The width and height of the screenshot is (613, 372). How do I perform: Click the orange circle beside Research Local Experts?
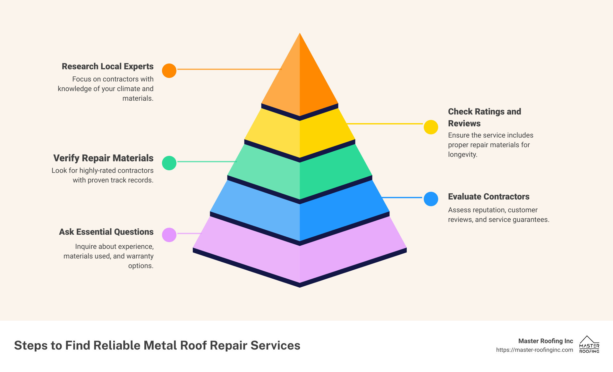coord(169,71)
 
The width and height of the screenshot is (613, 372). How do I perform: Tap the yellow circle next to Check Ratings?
coord(431,127)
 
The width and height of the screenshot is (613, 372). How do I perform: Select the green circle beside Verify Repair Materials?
coord(169,163)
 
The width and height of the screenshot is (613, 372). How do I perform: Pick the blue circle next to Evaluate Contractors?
coord(431,199)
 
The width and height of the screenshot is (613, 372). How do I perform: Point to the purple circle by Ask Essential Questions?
coord(169,235)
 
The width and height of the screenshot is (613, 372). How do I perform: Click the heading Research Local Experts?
coord(107,66)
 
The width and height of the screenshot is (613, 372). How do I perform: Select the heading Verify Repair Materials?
coord(103,158)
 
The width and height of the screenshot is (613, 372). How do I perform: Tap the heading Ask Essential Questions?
coord(106,232)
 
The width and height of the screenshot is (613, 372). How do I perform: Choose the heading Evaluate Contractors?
coord(489,197)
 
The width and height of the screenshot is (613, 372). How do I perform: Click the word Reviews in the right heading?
coord(464,123)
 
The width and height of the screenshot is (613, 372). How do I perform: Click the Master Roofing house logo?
coord(589,344)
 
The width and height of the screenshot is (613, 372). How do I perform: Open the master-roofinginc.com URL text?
coord(534,350)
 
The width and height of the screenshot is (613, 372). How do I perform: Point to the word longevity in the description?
coord(462,155)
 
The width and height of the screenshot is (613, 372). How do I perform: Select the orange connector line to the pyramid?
coord(229,69)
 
